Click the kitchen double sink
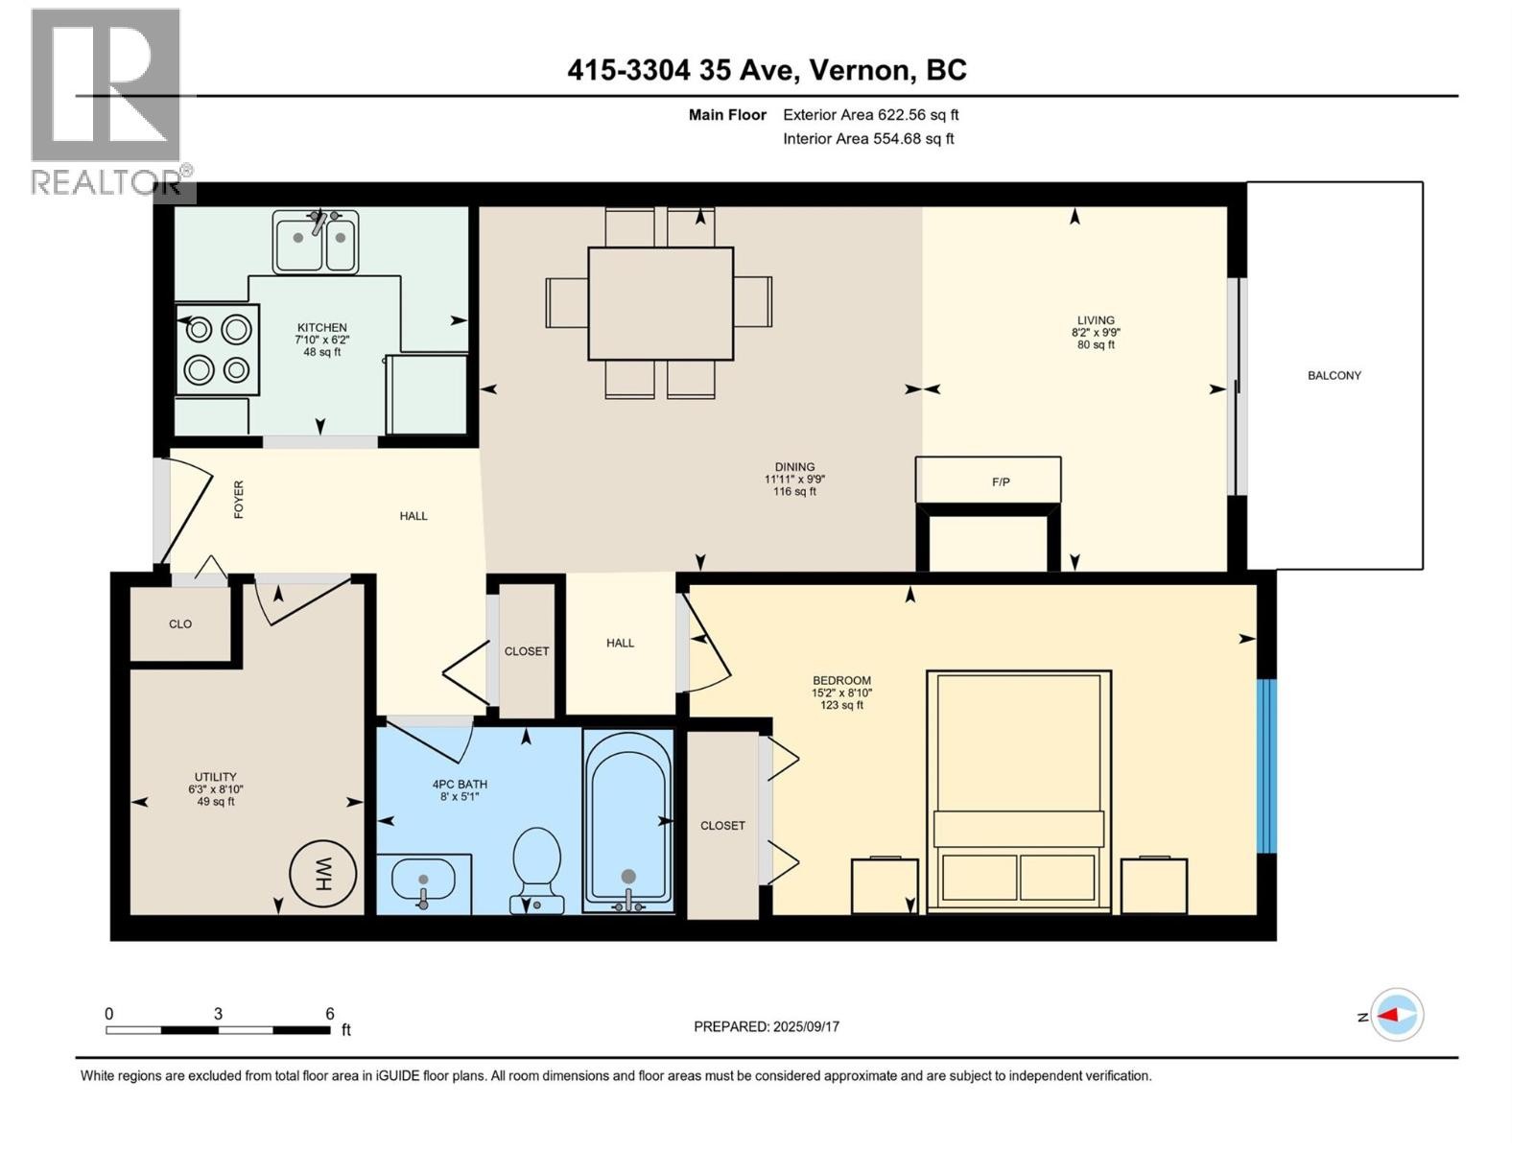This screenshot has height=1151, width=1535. pos(316,242)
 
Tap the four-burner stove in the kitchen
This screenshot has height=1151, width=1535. pos(218,350)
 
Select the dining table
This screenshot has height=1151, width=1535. pos(660,303)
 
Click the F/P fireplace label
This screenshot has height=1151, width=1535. pos(1000,482)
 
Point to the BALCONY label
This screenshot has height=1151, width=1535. pos(1334,376)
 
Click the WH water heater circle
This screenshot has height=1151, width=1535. pos(323,874)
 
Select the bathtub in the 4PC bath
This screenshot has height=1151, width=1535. pos(628,820)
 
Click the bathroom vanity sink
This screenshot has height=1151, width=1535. pos(423,881)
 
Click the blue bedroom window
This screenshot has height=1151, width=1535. pos(1267,765)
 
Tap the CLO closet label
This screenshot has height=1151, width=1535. pos(180,624)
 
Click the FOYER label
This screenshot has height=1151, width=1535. pos(239,500)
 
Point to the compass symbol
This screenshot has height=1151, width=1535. pos(1397,1015)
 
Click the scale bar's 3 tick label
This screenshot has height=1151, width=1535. pos(218,1014)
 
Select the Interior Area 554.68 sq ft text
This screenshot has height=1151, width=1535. pos(868,138)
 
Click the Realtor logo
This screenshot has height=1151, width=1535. pos(106,101)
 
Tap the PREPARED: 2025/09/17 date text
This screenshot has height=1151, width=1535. pos(767,1026)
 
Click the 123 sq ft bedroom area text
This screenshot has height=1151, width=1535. pos(841,705)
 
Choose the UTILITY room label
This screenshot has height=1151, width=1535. pos(215,777)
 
